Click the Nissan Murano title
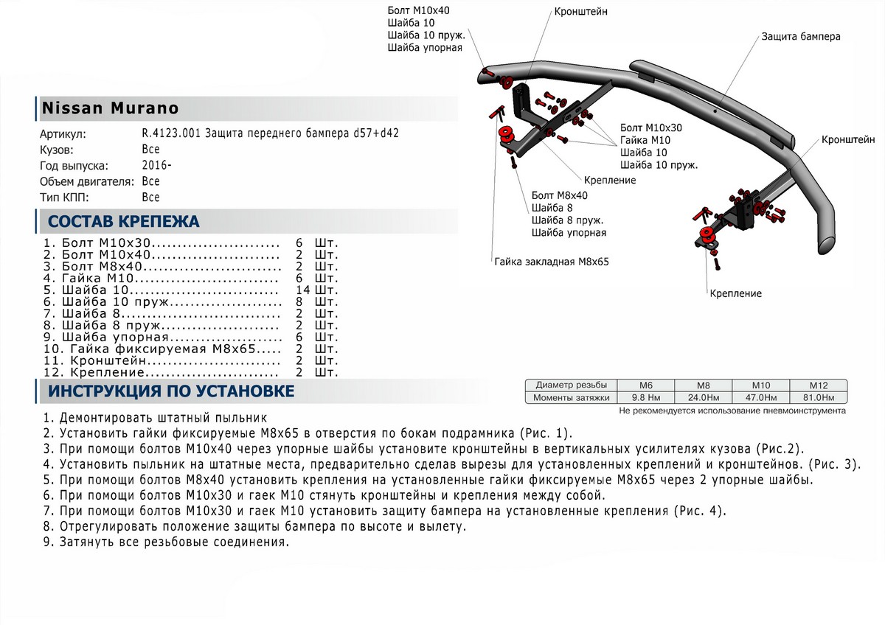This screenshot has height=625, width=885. click(109, 108)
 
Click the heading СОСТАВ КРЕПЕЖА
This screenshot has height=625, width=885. click(123, 222)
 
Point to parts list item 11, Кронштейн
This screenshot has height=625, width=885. click(162, 361)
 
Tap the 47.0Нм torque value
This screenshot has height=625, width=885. click(760, 398)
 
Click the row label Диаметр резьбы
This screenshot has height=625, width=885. click(572, 385)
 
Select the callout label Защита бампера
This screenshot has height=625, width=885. click(800, 36)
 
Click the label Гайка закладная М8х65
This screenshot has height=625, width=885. click(552, 261)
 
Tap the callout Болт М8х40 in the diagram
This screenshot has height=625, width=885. click(559, 196)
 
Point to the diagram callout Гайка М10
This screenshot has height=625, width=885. click(645, 140)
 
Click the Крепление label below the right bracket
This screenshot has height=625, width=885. click(736, 293)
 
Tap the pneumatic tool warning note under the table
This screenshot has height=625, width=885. click(732, 411)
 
